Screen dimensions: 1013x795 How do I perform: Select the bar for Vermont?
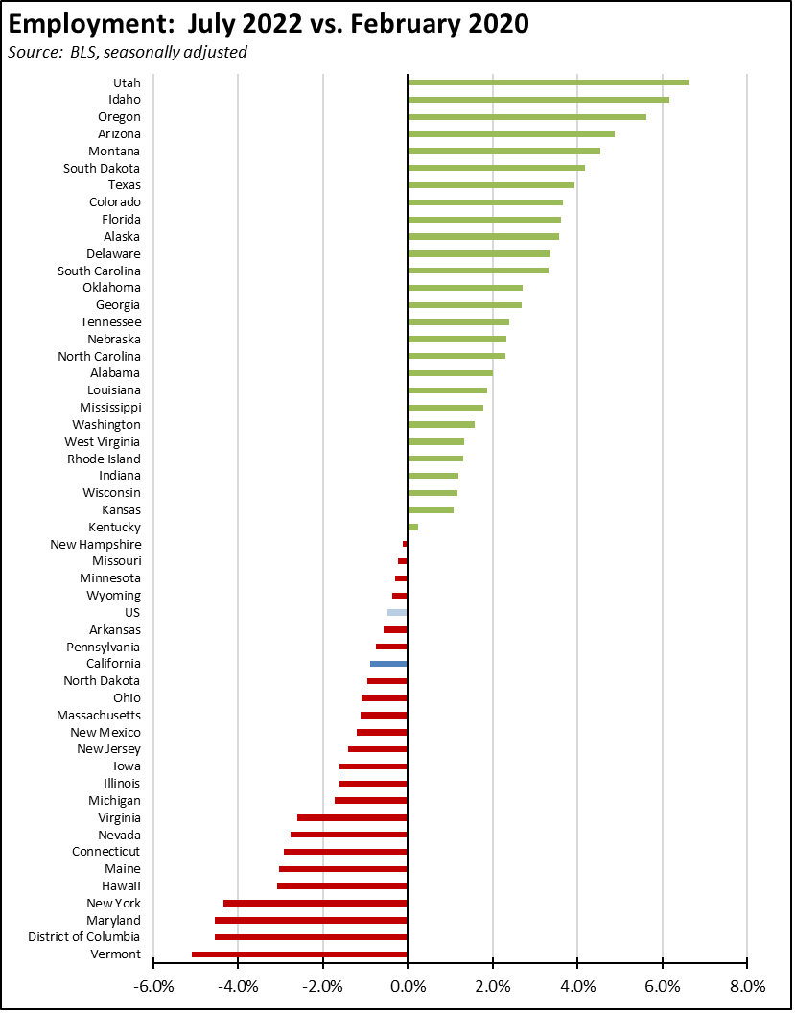(299, 954)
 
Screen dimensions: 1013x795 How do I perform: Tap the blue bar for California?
(388, 664)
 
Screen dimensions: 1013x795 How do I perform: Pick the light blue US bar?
(397, 612)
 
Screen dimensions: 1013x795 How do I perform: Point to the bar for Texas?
(491, 185)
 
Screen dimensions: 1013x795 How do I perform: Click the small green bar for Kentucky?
(413, 527)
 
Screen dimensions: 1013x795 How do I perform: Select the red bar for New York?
(316, 903)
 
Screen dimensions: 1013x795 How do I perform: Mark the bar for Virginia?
(352, 817)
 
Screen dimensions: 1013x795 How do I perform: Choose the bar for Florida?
(484, 220)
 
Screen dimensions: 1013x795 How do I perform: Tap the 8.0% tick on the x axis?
(746, 986)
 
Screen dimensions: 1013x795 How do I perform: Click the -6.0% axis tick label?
(152, 986)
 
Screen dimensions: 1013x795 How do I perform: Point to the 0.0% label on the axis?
(408, 986)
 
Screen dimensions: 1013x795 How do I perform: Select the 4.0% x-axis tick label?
(576, 986)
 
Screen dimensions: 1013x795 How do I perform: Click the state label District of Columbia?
(84, 936)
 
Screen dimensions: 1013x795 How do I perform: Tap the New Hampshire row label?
(95, 544)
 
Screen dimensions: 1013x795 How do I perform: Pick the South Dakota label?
(102, 168)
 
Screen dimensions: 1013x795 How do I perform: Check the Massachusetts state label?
(99, 715)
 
